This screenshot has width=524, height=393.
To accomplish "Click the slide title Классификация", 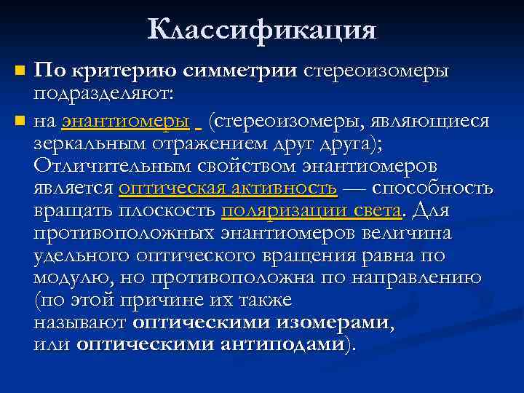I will click(262, 30).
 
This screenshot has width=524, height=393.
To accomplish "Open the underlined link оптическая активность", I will click(228, 188).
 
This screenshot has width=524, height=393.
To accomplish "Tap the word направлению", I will click(418, 279).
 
